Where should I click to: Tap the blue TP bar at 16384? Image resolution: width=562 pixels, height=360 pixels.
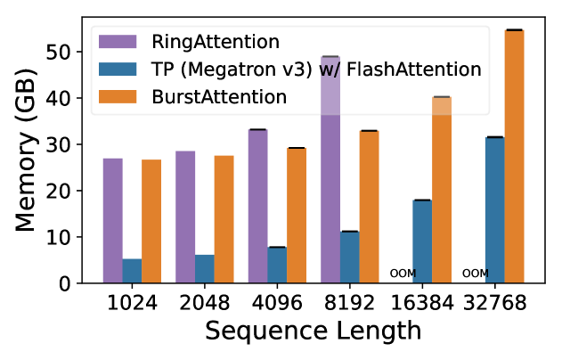(x=421, y=241)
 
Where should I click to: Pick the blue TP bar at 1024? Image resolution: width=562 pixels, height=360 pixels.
(x=132, y=271)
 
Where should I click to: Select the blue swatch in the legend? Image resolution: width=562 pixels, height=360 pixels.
(x=118, y=69)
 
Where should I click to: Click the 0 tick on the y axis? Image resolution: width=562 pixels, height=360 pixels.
(x=77, y=283)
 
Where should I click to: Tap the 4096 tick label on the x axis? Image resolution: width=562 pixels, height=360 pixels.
(x=276, y=303)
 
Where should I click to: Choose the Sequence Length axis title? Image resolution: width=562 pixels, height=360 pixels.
(x=313, y=332)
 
